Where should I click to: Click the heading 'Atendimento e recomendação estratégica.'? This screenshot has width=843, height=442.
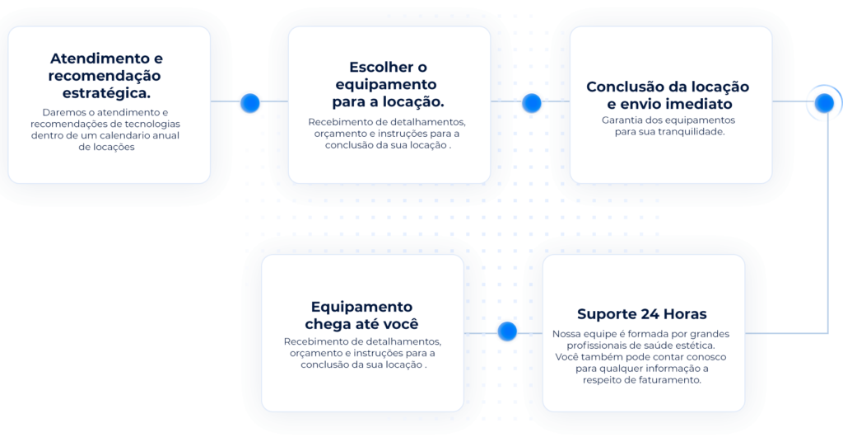107,76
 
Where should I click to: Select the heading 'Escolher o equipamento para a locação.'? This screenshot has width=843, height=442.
389,84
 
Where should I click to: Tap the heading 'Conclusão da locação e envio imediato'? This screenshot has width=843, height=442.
668,95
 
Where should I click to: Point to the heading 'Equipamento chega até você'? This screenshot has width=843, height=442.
362,315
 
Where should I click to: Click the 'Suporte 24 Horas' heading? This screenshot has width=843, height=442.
641,314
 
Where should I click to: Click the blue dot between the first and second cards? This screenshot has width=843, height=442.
249,102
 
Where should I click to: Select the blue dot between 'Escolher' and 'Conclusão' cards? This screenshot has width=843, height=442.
531,102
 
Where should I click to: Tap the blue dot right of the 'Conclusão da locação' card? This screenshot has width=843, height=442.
824,102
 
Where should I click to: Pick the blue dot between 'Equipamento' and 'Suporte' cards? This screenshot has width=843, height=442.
507,331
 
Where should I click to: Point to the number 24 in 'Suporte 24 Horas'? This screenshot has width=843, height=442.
647,314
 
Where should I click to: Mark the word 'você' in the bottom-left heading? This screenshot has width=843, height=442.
398,323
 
